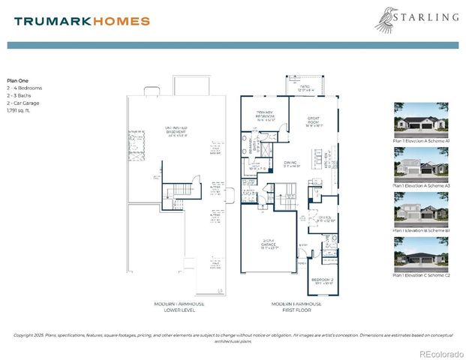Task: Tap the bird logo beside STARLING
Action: [387, 19]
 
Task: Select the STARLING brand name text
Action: [427, 16]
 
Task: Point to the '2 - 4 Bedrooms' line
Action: [25, 88]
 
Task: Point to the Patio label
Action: [305, 88]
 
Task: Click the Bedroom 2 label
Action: [323, 282]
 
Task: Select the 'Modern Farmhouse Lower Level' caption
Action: [179, 307]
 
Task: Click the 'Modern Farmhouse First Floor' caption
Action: [296, 307]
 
